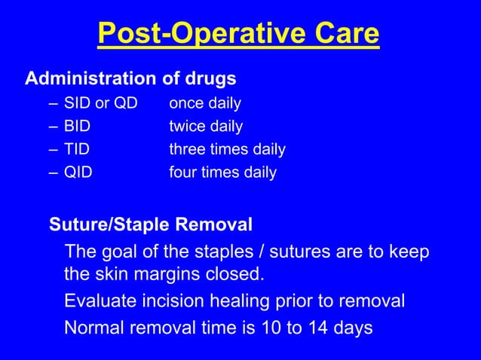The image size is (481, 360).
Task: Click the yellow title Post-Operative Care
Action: [x=239, y=35]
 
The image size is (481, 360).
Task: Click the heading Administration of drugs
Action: [x=130, y=78]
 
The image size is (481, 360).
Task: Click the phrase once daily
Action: [x=204, y=103]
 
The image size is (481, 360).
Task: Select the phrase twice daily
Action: [x=205, y=127]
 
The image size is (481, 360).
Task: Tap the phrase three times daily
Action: [x=226, y=149]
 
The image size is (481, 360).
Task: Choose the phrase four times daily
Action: [x=222, y=172]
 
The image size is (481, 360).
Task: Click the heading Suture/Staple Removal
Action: [x=151, y=224]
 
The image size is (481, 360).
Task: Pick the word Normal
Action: [x=92, y=328]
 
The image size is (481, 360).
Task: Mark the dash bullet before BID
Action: [x=53, y=127]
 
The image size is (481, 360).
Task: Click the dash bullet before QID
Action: [x=53, y=172]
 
